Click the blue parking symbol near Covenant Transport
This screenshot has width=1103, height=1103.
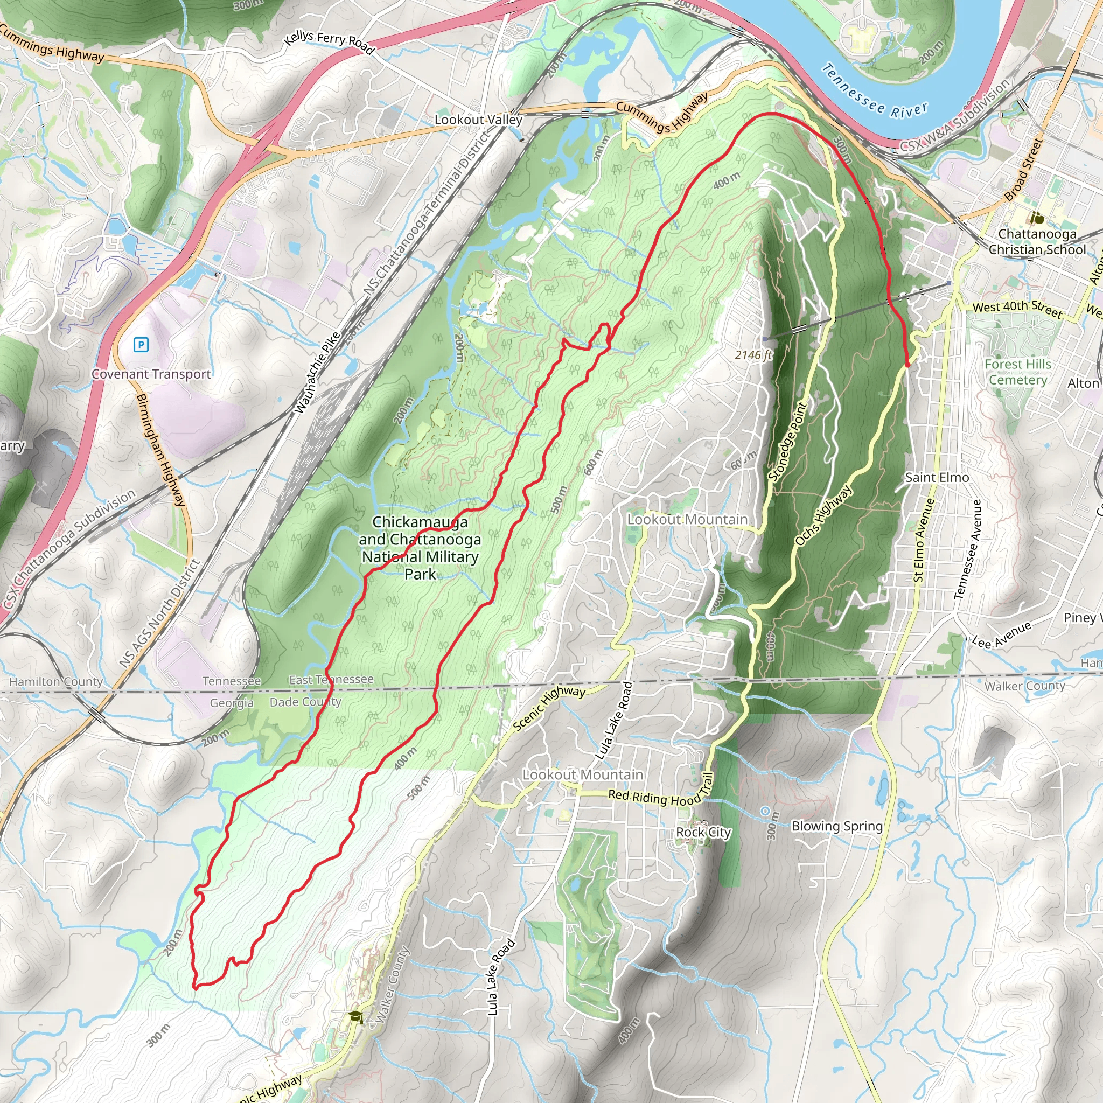tap(141, 344)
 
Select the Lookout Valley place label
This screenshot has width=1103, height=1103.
tap(478, 120)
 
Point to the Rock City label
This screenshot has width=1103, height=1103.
tap(703, 833)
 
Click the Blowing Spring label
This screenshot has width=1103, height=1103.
tap(837, 826)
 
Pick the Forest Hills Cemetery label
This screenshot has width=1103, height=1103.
tap(1018, 372)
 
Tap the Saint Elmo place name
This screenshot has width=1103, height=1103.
tap(937, 477)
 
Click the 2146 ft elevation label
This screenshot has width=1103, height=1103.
tap(753, 355)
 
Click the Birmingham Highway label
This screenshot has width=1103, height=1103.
tap(161, 450)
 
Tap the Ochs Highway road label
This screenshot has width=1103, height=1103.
tap(823, 515)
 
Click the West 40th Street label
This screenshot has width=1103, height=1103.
tap(1017, 308)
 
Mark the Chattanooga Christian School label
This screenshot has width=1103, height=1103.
tap(1037, 242)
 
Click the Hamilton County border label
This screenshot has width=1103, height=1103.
tap(56, 682)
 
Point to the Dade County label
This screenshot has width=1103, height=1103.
tap(305, 702)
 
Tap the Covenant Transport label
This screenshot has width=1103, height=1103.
tap(151, 374)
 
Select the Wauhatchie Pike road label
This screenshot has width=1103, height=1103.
tap(317, 373)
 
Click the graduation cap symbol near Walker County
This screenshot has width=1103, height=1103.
tap(355, 1016)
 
